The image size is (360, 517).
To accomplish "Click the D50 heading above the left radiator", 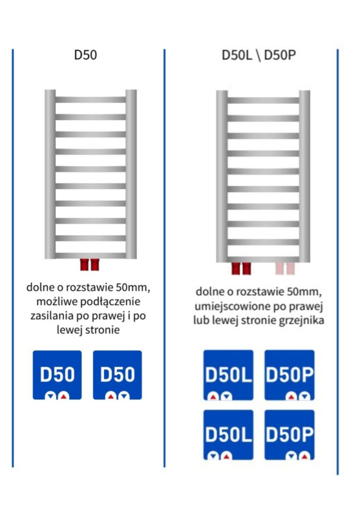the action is [x=85, y=55].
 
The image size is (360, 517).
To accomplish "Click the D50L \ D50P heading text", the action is [x=259, y=55].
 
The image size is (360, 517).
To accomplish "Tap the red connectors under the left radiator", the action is [x=90, y=264].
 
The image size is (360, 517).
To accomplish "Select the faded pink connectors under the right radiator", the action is [x=285, y=268].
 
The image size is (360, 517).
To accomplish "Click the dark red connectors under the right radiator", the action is [x=241, y=268].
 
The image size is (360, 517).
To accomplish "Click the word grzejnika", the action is [x=301, y=321].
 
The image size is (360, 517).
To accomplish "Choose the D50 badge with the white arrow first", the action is [x=57, y=375].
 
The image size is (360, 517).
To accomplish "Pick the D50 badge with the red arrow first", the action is [x=118, y=375].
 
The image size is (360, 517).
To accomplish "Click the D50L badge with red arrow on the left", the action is [x=228, y=375].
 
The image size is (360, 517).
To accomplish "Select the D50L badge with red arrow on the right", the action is [x=228, y=435].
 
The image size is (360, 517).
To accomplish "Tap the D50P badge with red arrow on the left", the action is [x=290, y=375].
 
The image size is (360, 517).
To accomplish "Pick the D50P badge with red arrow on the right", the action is [x=290, y=435].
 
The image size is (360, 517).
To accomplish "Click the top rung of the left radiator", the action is [x=90, y=100].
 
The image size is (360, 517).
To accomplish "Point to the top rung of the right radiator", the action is [x=263, y=101].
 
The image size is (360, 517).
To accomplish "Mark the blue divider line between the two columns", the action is [x=164, y=258].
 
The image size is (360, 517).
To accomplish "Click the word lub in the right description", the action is [x=201, y=321].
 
